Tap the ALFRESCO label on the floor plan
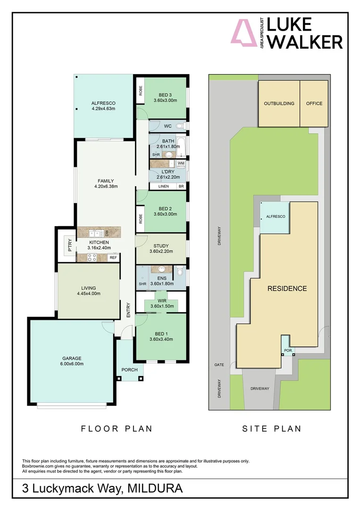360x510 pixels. (103, 103)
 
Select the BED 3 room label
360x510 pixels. (165, 94)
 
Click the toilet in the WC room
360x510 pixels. (180, 126)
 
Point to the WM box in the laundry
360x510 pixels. (181, 163)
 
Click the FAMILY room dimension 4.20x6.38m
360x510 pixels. (106, 187)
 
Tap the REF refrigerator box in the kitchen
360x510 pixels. (113, 258)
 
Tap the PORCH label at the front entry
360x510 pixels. (129, 370)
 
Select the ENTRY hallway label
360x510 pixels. (128, 310)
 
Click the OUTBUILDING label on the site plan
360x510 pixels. (279, 103)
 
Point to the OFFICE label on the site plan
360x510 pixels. (314, 103)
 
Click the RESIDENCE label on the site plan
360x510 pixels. (287, 289)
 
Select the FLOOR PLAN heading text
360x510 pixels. (117, 429)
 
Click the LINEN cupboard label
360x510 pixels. (163, 187)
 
